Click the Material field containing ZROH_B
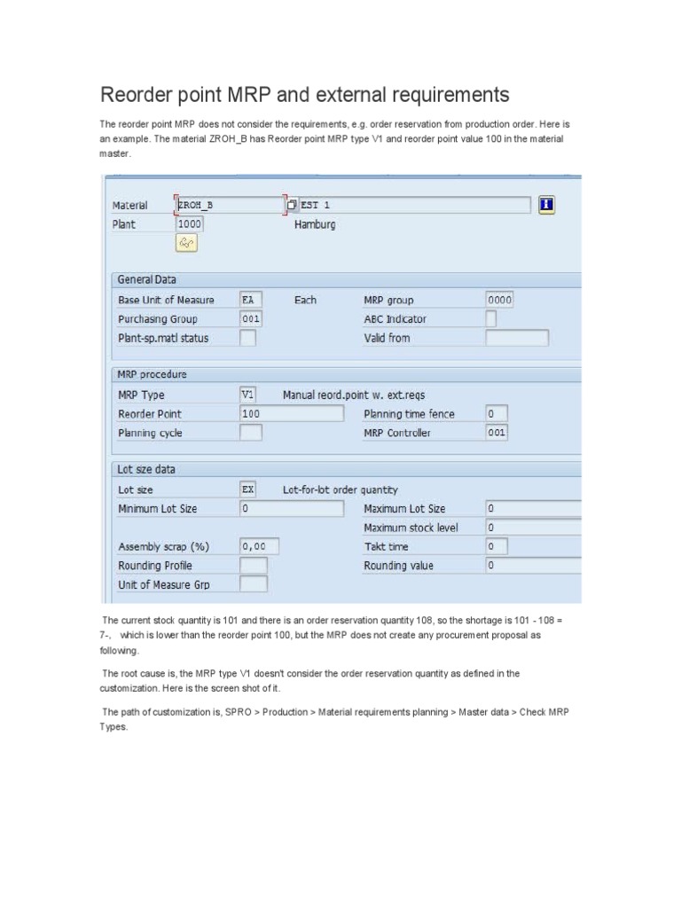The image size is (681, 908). click(x=230, y=205)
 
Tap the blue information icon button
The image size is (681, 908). click(x=546, y=205)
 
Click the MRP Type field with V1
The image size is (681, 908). click(x=249, y=395)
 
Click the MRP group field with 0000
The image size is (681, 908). click(x=499, y=300)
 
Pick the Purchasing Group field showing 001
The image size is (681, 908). click(x=251, y=318)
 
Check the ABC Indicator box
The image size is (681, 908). click(x=491, y=318)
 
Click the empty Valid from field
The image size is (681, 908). click(x=517, y=338)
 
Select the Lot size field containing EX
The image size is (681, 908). click(x=249, y=489)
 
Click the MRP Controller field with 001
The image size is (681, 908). click(x=497, y=433)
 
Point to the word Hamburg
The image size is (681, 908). click(x=315, y=225)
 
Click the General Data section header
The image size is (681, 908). click(x=147, y=279)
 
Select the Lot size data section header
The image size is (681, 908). click(x=146, y=469)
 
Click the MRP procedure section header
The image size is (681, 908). click(x=153, y=374)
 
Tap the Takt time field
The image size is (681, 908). click(x=496, y=546)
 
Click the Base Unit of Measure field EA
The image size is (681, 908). click(x=251, y=300)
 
